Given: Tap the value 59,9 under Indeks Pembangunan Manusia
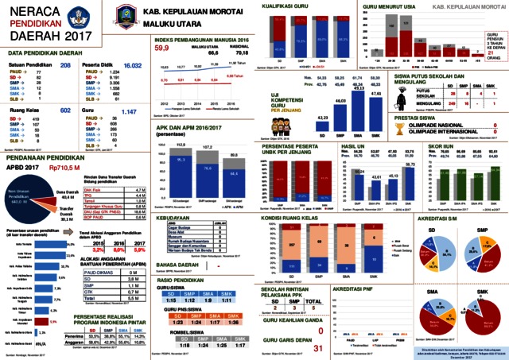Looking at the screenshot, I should (x=162, y=48).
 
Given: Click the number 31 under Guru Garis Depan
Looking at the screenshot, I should (x=318, y=347).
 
